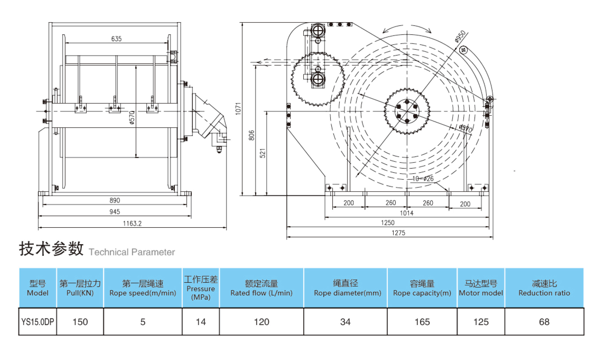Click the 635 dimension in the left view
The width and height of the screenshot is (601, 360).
coord(116,39)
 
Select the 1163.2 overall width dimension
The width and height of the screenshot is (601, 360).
coord(132,224)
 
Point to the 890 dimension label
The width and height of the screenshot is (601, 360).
coord(115,200)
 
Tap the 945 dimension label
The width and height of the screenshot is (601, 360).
coord(115,212)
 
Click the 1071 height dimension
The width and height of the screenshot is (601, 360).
coord(238,109)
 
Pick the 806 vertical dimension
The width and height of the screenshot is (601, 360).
coord(251,135)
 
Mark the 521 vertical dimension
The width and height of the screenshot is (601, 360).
coord(262,153)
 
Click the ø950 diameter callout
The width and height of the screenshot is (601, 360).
coord(460,36)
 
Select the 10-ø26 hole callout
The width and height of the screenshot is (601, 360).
coord(423,179)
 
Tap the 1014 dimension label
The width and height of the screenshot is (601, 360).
coord(406,213)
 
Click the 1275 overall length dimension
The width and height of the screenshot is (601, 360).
coord(398,233)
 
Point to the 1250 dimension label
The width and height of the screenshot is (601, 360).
coord(388,223)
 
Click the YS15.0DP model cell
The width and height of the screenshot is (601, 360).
coord(37,322)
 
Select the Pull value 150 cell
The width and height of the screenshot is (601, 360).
coord(80,322)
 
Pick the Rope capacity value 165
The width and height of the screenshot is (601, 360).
coord(422,322)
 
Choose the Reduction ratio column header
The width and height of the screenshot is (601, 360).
coord(544,288)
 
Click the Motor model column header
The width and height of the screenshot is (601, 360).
coord(481,288)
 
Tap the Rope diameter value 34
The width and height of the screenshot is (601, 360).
coord(345,322)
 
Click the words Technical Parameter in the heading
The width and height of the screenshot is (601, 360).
coord(132,252)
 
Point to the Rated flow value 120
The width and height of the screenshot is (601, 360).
coord(261,322)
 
